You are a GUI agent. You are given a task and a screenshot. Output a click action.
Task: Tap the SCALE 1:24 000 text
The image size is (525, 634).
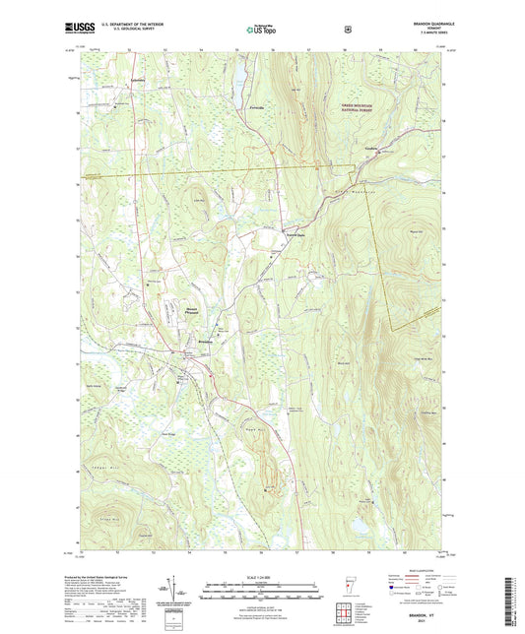tap(262, 577)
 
